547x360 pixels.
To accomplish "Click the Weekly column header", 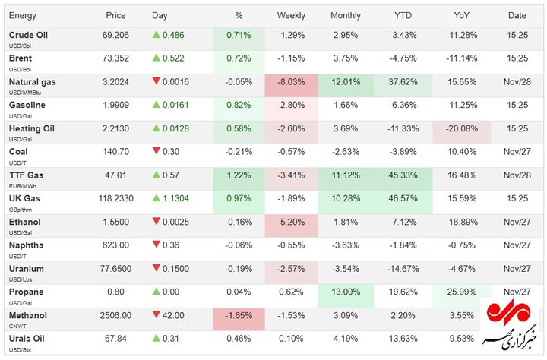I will [291, 15].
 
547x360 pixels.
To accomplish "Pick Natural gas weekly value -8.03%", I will [291, 82].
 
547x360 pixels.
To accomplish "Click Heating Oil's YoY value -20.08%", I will [460, 128].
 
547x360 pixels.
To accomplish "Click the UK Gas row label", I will [24, 198].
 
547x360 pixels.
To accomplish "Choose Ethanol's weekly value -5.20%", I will [291, 222].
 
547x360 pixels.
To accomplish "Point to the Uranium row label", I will [27, 269].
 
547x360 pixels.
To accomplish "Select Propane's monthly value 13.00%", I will [346, 292].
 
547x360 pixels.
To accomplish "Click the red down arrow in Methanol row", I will [157, 315].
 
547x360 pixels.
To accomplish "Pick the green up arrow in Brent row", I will [157, 58].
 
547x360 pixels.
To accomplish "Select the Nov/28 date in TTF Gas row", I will [517, 175].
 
